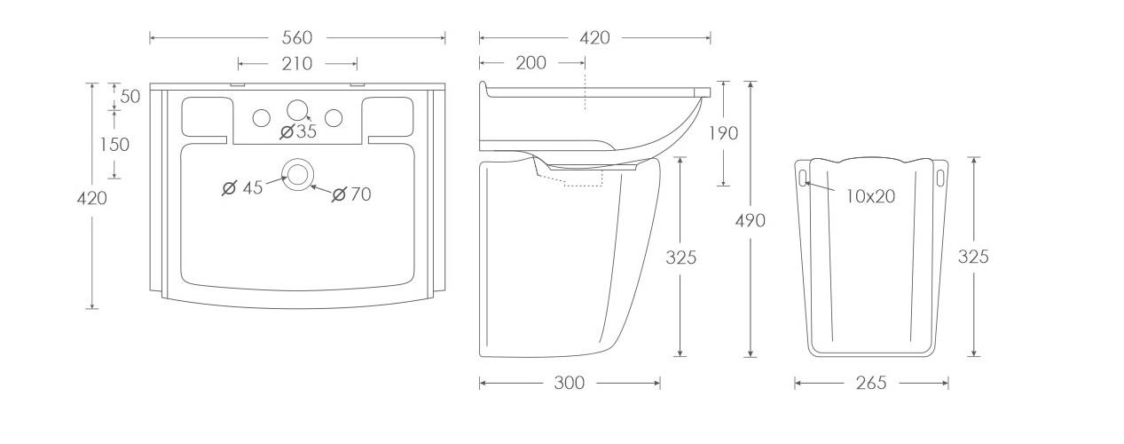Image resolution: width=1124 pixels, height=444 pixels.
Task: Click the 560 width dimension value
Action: pos(297,37)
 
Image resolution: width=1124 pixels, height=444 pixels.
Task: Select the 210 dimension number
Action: pos(297,64)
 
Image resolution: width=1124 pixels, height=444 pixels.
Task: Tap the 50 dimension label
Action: pos(130,97)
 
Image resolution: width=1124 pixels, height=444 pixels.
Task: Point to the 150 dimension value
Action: pos(115,145)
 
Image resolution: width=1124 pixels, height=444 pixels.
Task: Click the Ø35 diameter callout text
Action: pos(299,131)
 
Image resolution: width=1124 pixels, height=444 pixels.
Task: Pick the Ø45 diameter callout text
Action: pos(242,188)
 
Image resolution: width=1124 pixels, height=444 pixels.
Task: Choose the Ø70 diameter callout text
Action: pos(352,194)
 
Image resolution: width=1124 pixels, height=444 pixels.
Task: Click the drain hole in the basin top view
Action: pos(297,175)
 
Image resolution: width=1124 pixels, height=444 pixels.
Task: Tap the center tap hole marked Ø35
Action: pos(297,110)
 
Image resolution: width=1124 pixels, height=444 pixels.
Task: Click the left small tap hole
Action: pos(262,118)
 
